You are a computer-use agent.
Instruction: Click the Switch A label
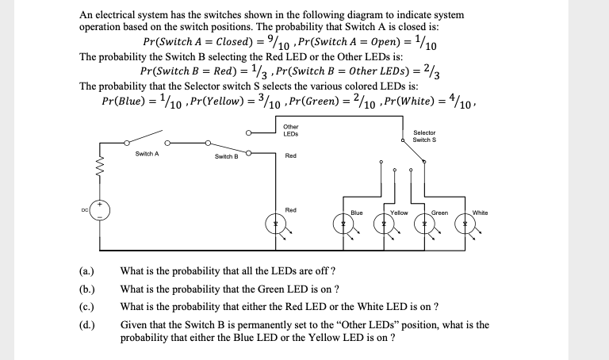click(147, 153)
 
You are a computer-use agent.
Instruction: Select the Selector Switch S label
click(424, 136)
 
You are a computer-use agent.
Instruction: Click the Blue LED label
click(356, 213)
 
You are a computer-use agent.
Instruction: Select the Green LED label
click(439, 213)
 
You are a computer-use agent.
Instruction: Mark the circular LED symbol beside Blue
click(344, 226)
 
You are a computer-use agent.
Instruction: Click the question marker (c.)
click(90, 306)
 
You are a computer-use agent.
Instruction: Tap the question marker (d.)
click(90, 324)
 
